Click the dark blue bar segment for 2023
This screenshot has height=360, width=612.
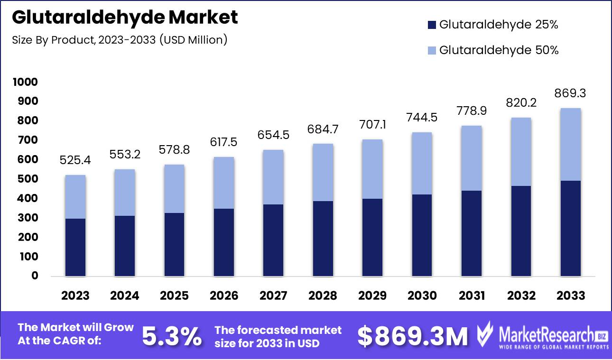75,247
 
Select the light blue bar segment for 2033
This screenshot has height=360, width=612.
571,144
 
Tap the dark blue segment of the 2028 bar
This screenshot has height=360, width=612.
323,239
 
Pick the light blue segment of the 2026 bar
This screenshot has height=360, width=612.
224,183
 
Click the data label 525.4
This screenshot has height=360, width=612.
75,161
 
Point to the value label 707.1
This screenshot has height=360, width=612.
372,125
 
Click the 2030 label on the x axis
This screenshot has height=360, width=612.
422,295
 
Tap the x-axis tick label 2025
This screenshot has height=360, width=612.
174,295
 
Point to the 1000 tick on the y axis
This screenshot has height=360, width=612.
25,82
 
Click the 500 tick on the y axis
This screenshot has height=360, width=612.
28,179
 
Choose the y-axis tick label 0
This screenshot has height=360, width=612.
35,276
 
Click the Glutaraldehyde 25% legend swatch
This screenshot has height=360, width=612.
431,25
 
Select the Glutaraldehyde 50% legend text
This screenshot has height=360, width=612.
499,50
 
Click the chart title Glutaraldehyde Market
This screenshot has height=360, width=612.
125,18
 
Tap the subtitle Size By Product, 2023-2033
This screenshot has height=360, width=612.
120,40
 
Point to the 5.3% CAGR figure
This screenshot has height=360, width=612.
172,336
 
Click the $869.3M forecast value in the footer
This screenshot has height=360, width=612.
412,336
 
